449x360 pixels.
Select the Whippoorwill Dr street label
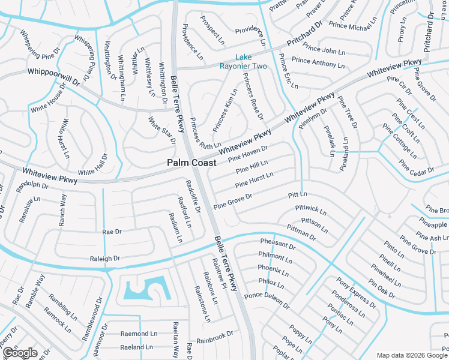[53, 75]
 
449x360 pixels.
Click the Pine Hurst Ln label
[255, 178]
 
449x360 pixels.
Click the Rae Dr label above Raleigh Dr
[112, 231]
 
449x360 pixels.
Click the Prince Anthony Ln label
[318, 62]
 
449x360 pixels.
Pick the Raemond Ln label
[138, 334]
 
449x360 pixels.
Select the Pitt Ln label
[297, 195]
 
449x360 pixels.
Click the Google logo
[19, 352]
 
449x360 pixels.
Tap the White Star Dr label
[162, 130]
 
